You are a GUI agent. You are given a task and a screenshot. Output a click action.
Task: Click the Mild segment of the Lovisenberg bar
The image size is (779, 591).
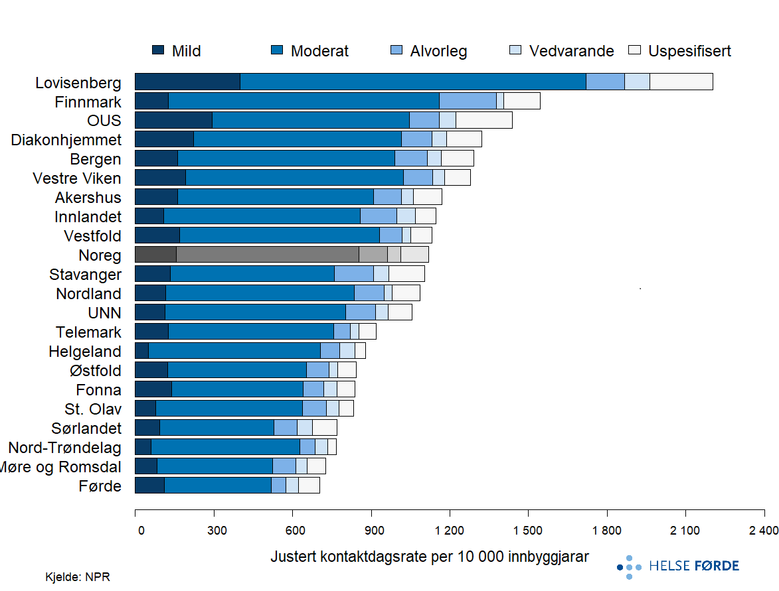[187, 82]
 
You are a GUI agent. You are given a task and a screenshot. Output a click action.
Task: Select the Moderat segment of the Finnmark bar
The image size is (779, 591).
[303, 101]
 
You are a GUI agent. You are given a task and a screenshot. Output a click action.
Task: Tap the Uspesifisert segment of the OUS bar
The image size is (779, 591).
[484, 120]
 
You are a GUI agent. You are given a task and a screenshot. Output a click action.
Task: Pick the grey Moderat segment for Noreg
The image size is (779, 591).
[267, 255]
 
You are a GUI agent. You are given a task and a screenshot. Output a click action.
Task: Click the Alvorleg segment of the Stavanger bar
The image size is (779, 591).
[353, 274]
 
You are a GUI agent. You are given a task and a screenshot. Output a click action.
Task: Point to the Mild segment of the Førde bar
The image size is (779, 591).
[149, 486]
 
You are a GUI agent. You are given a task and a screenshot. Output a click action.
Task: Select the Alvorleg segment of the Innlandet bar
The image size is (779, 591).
[378, 216]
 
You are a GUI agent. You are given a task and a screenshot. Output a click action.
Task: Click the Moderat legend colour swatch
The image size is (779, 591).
[278, 50]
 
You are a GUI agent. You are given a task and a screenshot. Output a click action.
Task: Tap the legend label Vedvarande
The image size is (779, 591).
[571, 51]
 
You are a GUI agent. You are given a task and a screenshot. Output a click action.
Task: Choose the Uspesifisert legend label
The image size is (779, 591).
[689, 51]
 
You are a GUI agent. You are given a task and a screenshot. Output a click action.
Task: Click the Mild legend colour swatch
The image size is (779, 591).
[158, 50]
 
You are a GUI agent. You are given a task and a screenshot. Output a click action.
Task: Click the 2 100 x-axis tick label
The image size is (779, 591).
[685, 530]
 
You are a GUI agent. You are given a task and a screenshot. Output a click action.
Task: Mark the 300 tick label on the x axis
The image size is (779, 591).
[214, 530]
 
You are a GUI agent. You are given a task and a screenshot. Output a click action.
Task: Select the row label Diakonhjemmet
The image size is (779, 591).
[66, 140]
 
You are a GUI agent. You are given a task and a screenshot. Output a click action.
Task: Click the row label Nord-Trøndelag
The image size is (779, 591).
[65, 448]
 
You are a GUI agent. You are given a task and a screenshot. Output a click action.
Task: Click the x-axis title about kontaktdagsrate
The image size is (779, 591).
[429, 557]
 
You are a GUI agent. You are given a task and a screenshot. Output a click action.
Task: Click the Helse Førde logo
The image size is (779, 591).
[678, 566]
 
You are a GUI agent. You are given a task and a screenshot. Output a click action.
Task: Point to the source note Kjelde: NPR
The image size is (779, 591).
[72, 577]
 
